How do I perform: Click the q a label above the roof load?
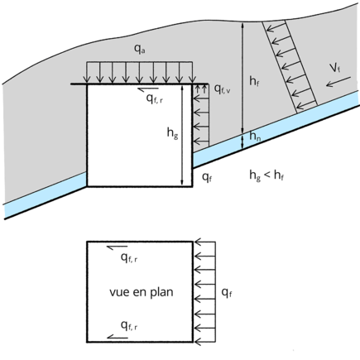point(140,49)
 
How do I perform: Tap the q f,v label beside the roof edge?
point(223,89)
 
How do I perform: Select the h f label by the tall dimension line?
point(254,81)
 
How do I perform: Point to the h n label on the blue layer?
point(255,136)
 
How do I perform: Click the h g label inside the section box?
point(172,133)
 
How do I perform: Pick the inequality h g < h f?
point(266,175)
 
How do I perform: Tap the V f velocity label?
point(335,68)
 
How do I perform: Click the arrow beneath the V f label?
point(338,82)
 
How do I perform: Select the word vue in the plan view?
point(120,292)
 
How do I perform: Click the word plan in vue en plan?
point(161,293)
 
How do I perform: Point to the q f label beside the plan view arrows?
point(227,293)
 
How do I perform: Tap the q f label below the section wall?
point(207,177)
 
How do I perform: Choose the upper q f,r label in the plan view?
point(129,258)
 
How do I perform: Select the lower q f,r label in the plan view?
point(129,326)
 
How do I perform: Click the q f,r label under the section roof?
point(155,98)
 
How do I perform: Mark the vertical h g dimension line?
point(181,135)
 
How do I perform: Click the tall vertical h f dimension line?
point(242,78)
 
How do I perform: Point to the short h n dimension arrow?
point(242,142)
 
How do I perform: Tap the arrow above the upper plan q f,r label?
point(118,247)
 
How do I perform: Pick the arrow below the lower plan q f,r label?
point(118,337)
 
